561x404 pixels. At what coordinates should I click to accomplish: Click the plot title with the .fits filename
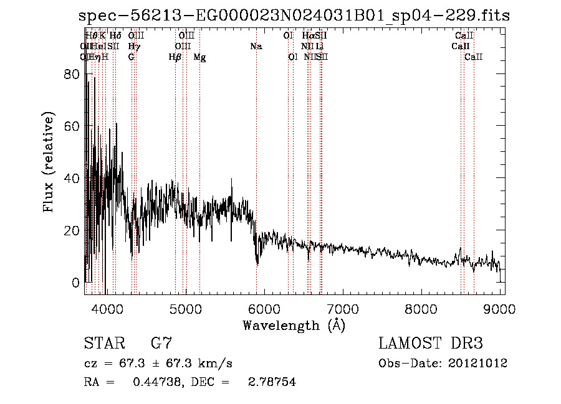click(x=294, y=16)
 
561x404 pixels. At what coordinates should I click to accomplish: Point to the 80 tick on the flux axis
click(x=73, y=74)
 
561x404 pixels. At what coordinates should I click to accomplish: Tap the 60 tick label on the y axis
click(x=73, y=126)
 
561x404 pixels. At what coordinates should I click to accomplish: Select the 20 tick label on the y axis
click(x=73, y=230)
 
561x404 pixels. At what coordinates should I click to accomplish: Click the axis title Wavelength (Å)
click(x=294, y=325)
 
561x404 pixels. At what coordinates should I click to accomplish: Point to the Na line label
click(x=256, y=47)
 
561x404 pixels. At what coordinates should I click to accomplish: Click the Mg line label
click(x=199, y=57)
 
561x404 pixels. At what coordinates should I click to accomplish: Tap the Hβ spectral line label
click(x=175, y=57)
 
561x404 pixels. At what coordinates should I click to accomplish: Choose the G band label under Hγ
click(x=132, y=57)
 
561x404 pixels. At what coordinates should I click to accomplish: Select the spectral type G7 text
click(x=161, y=344)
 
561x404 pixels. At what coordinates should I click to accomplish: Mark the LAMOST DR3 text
click(x=431, y=344)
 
